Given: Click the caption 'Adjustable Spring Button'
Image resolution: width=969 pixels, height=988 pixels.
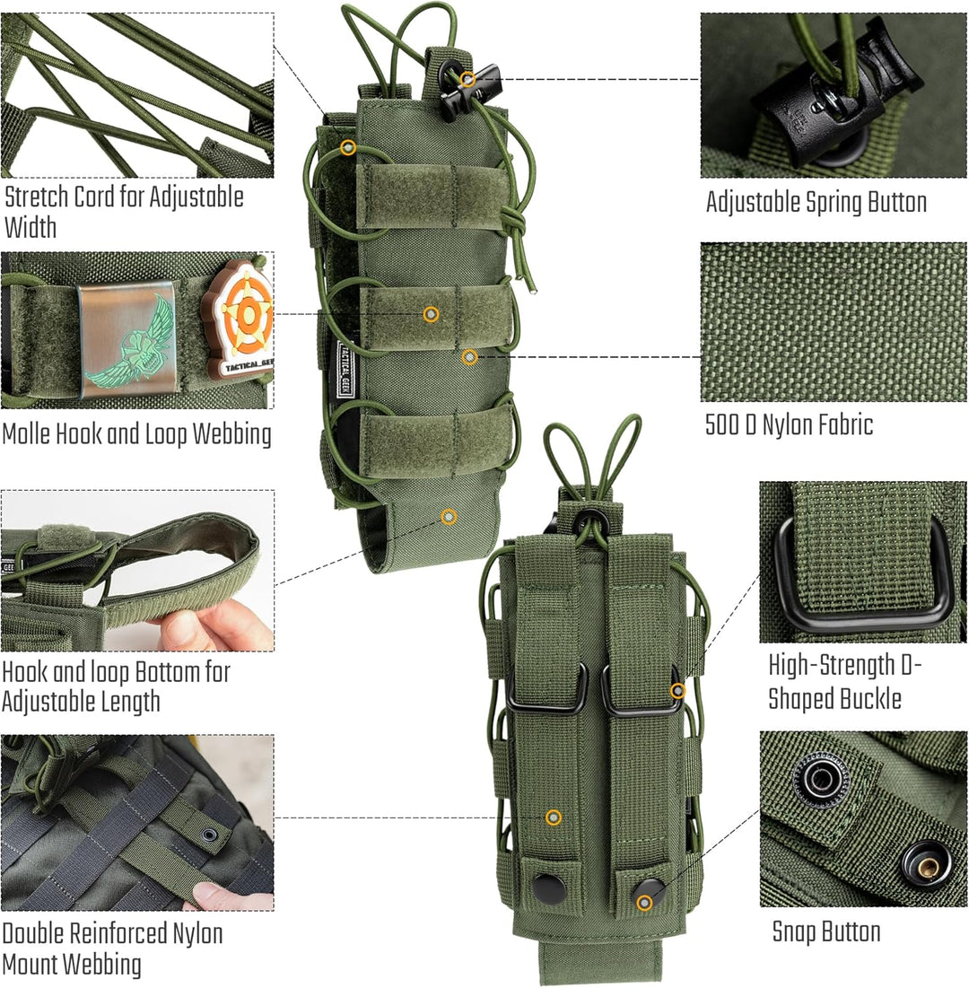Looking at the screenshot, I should tap(816, 202).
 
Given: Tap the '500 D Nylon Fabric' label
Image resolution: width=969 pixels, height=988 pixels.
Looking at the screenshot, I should tap(789, 424).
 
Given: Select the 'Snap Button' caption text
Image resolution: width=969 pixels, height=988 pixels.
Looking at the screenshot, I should tap(825, 931).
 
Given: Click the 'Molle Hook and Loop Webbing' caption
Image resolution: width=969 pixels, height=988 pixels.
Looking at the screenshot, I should tap(136, 435).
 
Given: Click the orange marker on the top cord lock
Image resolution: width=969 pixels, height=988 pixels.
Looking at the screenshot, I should tap(467, 79).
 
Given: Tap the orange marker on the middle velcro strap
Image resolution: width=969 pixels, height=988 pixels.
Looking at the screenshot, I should tap(432, 313).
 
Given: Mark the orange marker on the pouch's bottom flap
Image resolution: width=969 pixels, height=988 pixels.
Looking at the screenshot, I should tap(449, 516).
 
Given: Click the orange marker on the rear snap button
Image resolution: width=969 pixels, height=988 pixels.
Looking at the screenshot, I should tap(644, 902).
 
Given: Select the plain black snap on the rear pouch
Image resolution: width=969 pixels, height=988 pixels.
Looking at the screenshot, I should tap(549, 887).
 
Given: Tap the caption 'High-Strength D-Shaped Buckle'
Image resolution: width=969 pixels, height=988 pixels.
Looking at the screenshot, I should tap(844, 682).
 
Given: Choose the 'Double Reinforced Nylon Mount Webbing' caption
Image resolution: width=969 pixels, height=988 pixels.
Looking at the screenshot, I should tap(112, 949).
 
